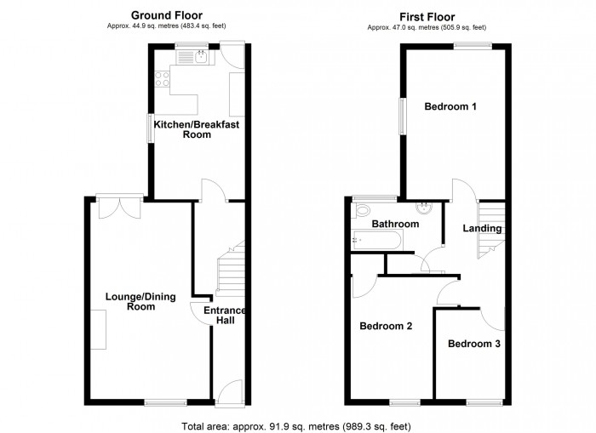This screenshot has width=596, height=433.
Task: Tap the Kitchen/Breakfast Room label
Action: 197,129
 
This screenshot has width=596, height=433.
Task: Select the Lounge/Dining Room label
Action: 130,301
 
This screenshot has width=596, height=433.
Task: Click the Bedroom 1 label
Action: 450,107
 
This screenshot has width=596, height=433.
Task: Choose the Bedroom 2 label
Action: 386,327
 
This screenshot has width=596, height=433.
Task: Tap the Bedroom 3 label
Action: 474,345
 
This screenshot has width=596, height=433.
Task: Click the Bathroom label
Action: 396,225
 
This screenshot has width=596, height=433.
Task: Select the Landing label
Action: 482,228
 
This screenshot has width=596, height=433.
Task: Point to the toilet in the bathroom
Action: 363,210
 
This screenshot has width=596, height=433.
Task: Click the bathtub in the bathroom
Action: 381,242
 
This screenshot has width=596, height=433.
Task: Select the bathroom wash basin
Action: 423,208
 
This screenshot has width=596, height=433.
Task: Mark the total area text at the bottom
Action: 301,424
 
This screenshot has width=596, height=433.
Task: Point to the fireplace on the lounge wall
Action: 99,330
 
